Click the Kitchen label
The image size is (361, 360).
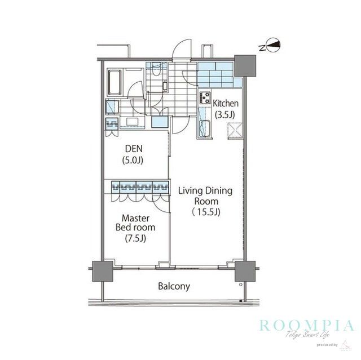pos(226,104)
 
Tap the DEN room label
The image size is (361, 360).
pos(134,149)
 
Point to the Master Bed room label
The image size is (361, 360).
pos(135,222)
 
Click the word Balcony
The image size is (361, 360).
pos(174,286)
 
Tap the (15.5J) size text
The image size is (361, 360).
pos(205,212)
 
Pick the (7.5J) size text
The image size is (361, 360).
pos(135,238)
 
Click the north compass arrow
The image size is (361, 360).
pos(272,46)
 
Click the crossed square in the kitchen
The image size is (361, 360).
pos(234,130)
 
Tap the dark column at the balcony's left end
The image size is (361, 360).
pos(100,273)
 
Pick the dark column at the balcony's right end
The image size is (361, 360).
pos(244,273)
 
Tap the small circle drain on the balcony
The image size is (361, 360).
pos(240,286)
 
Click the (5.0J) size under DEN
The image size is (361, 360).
pos(134,160)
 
